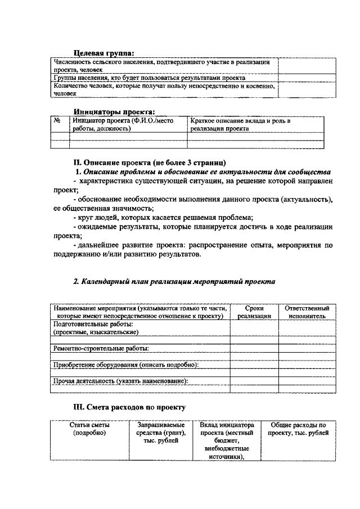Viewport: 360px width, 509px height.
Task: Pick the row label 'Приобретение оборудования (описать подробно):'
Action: point(125,365)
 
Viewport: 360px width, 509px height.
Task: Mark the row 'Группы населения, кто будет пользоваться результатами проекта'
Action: point(150,77)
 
